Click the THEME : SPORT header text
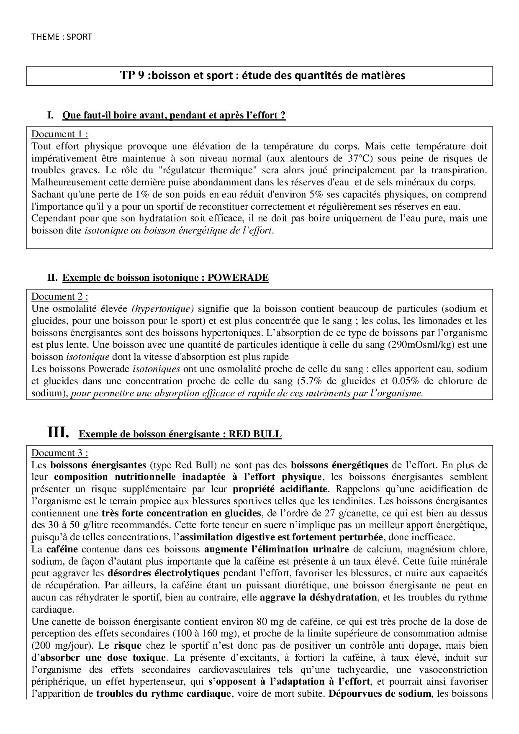click(x=62, y=37)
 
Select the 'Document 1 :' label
click(x=60, y=134)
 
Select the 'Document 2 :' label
click(x=60, y=297)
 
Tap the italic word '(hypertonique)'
click(x=163, y=309)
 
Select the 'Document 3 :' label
click(x=60, y=453)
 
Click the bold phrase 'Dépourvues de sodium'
click(x=380, y=693)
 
